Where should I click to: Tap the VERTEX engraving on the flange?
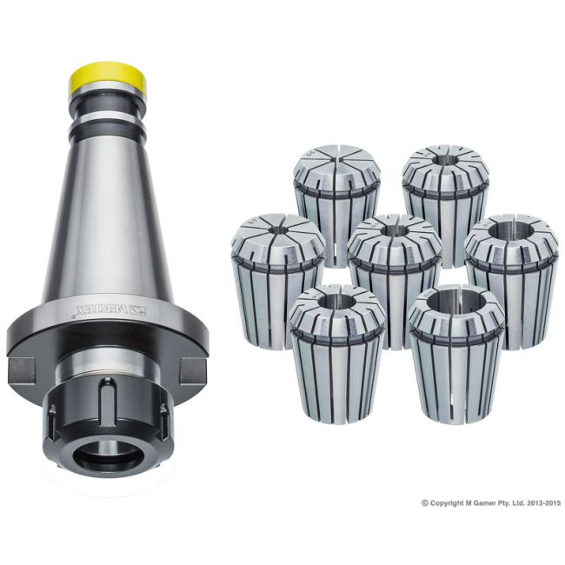103,309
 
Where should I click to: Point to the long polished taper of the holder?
107,209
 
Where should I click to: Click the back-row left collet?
336,196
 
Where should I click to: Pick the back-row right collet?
445,196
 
